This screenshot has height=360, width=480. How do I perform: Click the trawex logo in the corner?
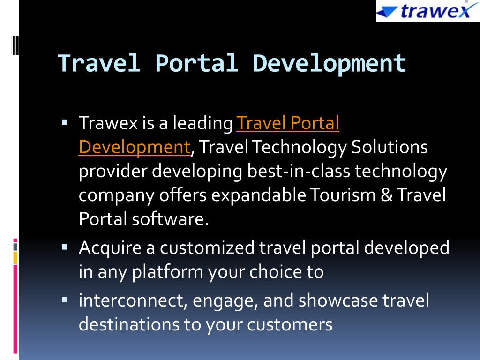pyautogui.click(x=427, y=11)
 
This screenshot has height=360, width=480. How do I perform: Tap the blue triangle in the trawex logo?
pyautogui.click(x=386, y=12)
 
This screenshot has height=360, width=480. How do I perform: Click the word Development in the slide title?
pyautogui.click(x=330, y=64)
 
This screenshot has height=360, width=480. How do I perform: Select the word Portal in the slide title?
pyautogui.click(x=197, y=63)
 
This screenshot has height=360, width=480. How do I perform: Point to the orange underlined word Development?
pyautogui.click(x=135, y=147)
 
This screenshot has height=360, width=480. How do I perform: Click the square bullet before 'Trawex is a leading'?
pyautogui.click(x=65, y=123)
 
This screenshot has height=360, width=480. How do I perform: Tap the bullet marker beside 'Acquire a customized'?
pyautogui.click(x=65, y=247)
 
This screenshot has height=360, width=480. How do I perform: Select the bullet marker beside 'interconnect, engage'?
pyautogui.click(x=65, y=300)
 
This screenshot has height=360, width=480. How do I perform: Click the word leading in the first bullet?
pyautogui.click(x=202, y=123)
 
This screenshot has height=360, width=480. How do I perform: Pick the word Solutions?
pyautogui.click(x=390, y=147)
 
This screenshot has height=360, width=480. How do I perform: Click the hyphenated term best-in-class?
pyautogui.click(x=299, y=171)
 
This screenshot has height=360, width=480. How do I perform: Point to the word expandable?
pyautogui.click(x=259, y=195)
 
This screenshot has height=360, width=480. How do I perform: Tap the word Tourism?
pyautogui.click(x=343, y=195)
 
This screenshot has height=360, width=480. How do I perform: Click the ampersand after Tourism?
pyautogui.click(x=387, y=195)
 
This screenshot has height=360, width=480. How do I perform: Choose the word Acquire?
pyautogui.click(x=110, y=248)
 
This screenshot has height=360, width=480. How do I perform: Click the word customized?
pyautogui.click(x=207, y=247)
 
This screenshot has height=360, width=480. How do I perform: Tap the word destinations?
pyautogui.click(x=129, y=324)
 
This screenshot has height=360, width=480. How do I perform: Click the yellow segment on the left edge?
pyautogui.click(x=15, y=258)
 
